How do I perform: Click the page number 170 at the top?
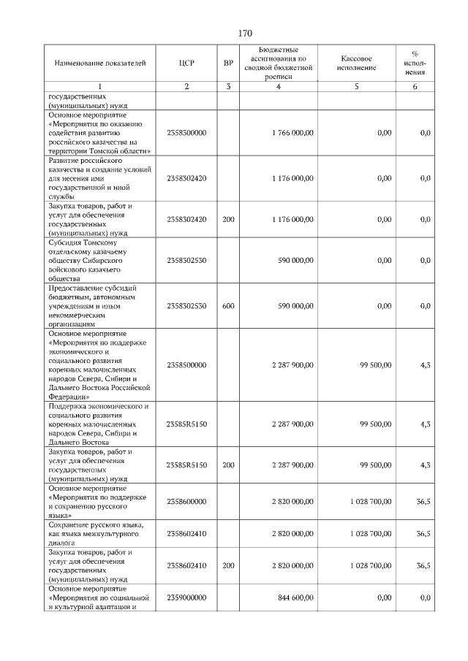coord(245,33)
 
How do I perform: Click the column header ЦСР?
coord(186,64)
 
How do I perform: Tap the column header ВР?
coord(228,64)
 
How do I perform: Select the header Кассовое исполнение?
coord(357,64)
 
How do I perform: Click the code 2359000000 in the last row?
coord(186,598)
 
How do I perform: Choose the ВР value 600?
coord(228,306)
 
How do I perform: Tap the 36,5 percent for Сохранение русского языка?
coord(423,534)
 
